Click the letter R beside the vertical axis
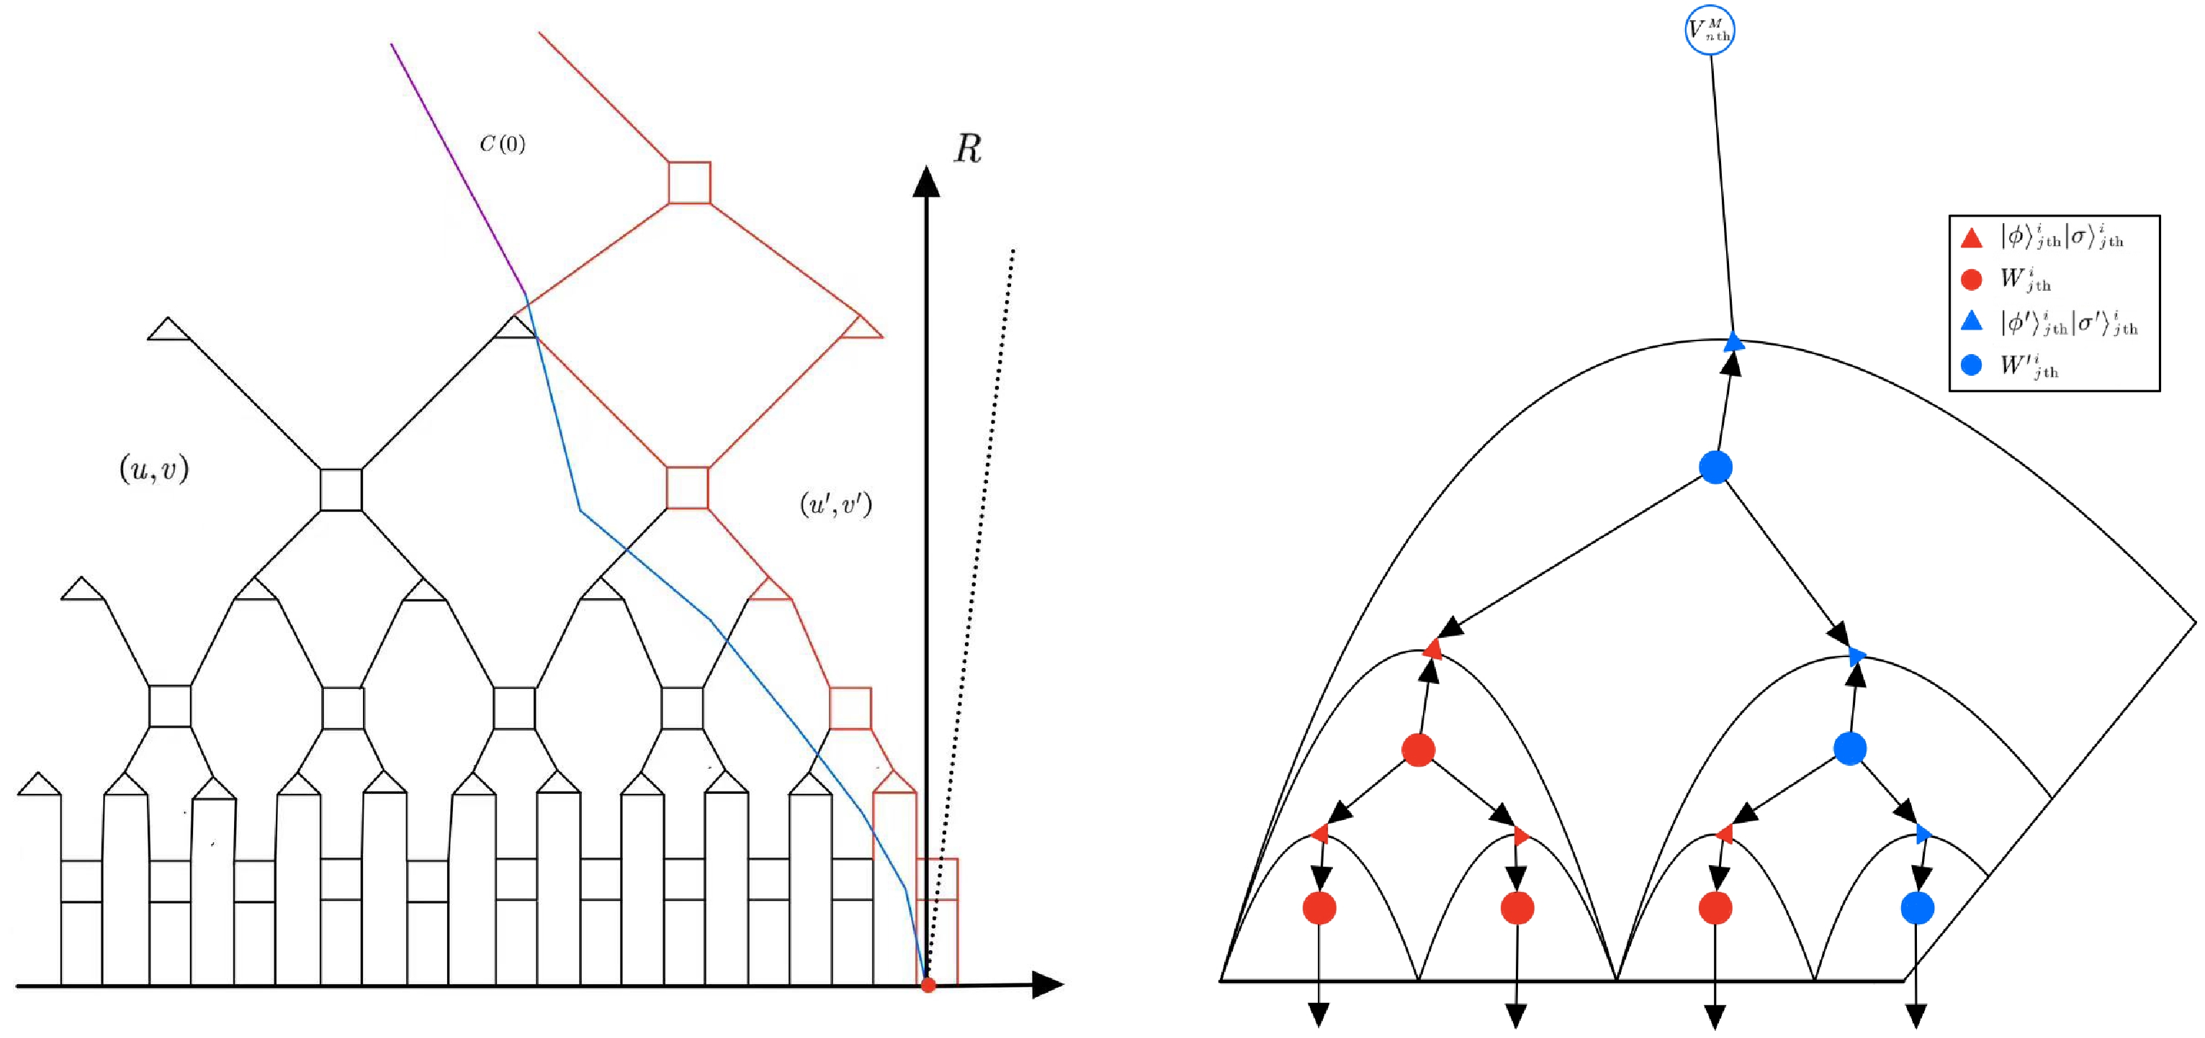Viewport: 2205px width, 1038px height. (x=968, y=149)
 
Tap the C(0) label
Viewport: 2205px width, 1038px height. (x=503, y=143)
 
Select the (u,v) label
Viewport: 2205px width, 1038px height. (x=154, y=469)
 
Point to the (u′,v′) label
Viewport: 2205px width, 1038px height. (x=835, y=504)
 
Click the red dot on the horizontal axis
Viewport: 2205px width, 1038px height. (x=928, y=985)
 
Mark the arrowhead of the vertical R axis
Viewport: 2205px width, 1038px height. (x=926, y=181)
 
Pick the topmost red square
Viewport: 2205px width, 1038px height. (x=689, y=182)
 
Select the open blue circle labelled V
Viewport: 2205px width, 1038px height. (x=1710, y=31)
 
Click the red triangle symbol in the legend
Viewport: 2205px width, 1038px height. (x=1971, y=238)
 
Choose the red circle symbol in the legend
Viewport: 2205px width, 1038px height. (x=1971, y=280)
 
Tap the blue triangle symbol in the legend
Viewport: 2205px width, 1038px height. (x=1971, y=321)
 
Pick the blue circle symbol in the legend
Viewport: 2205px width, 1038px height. (x=1971, y=366)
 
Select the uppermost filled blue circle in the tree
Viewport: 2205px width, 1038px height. (x=1715, y=467)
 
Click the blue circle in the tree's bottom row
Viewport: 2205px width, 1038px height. (x=1918, y=908)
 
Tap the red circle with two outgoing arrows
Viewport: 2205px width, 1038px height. (x=1419, y=749)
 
